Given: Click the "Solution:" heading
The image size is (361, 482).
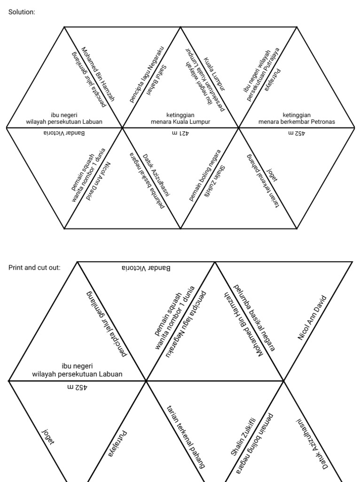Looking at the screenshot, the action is [22, 12].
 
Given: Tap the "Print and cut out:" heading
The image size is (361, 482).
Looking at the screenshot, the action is [34, 267].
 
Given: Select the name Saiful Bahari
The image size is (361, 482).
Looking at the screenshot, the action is [156, 80].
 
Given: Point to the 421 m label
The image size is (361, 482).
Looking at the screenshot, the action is [180, 133].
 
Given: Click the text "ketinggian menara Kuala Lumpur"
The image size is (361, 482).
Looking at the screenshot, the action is [180, 118].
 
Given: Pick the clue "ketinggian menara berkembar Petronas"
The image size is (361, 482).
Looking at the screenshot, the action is [297, 118].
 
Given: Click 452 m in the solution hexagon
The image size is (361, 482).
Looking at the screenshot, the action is [297, 133].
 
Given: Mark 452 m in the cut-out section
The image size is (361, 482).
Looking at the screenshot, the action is [77, 388].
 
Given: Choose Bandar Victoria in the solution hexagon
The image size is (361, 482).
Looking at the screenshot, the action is [64, 133].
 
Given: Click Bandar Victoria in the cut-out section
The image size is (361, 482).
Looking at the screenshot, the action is [146, 268].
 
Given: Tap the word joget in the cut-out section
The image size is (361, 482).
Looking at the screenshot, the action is [48, 436].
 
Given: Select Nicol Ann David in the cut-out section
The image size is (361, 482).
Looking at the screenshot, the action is [312, 318].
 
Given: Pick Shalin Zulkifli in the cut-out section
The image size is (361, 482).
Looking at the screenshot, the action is [243, 436].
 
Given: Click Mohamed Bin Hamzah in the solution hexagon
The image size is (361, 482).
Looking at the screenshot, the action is [98, 74].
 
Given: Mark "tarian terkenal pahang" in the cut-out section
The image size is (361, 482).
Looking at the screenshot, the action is [186, 437].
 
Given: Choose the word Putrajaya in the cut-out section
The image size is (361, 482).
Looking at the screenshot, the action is [118, 443].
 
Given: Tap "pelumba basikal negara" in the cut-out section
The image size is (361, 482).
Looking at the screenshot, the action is [254, 318].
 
